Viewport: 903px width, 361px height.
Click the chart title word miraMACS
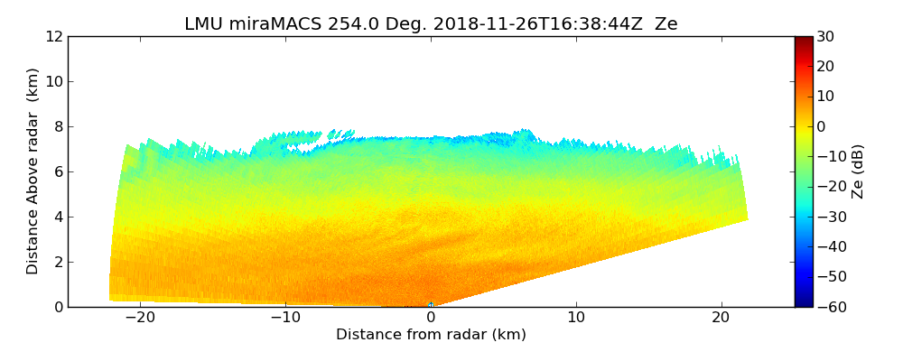[x=267, y=24]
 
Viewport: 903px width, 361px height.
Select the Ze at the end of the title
[x=666, y=24]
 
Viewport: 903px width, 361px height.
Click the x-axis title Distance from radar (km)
[x=431, y=335]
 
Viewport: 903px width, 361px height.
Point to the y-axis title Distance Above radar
[x=33, y=171]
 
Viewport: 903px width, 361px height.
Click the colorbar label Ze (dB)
[x=858, y=171]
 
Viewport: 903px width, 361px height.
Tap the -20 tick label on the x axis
[x=140, y=319]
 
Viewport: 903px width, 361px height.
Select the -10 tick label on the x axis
[x=285, y=319]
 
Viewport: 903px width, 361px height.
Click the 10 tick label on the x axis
[x=576, y=319]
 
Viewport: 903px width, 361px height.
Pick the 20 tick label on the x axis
[x=721, y=319]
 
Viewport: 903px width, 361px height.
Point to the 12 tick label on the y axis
[x=53, y=37]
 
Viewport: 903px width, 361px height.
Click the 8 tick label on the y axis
[x=58, y=127]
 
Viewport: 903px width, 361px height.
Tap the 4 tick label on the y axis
[x=58, y=218]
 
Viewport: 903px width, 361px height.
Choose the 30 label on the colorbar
[x=825, y=37]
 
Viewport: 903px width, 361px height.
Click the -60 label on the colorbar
[x=829, y=307]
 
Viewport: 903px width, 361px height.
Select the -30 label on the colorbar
[x=829, y=218]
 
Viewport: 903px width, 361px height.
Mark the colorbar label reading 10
[x=825, y=97]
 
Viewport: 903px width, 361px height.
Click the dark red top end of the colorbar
[x=803, y=40]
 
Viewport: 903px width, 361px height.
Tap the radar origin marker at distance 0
[x=431, y=305]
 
